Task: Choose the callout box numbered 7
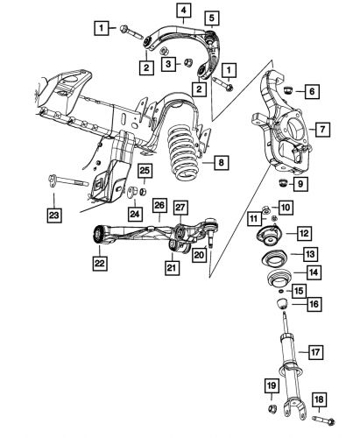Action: tap(321, 130)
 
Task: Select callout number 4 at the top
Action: tap(183, 11)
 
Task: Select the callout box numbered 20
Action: tap(200, 255)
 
